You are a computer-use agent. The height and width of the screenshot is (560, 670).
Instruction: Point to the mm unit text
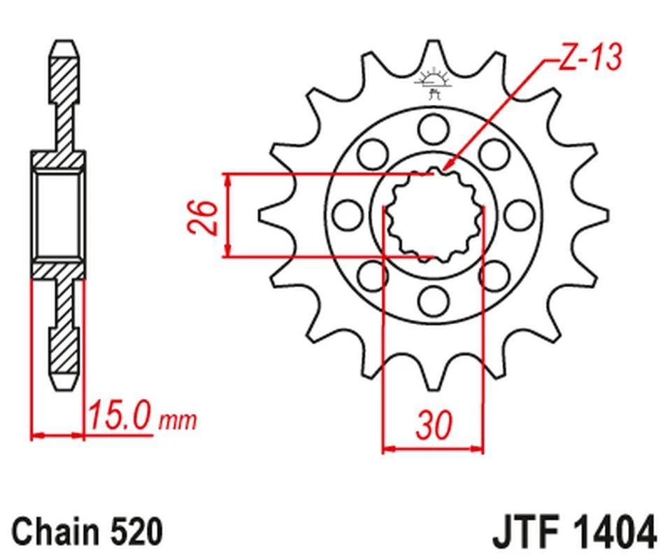pos(179,421)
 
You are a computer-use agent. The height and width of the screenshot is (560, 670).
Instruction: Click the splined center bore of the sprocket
pos(434,214)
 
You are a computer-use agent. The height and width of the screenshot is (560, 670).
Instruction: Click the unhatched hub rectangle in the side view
pos(57,214)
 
